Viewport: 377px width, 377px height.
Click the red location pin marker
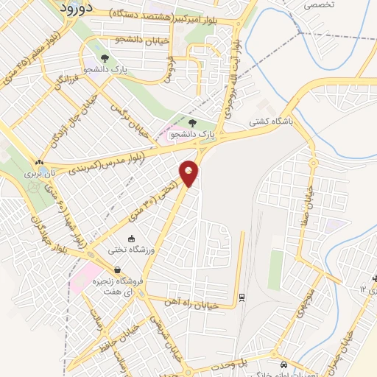pos(189,173)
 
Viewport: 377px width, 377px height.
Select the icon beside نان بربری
pos(39,162)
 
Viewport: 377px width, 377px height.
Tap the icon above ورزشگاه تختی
pos(131,239)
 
